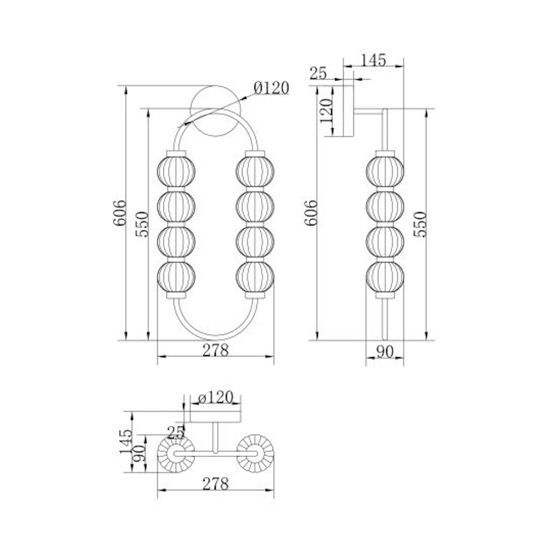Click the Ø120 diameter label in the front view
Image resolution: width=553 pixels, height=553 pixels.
tap(271, 88)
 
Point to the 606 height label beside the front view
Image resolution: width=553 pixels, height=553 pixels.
tap(120, 213)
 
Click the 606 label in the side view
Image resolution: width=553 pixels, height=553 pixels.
tap(311, 213)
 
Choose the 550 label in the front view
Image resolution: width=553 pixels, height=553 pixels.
tap(142, 224)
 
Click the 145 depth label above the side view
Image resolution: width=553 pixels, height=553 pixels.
tap(373, 60)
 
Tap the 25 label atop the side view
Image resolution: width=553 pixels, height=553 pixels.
tap(318, 74)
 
